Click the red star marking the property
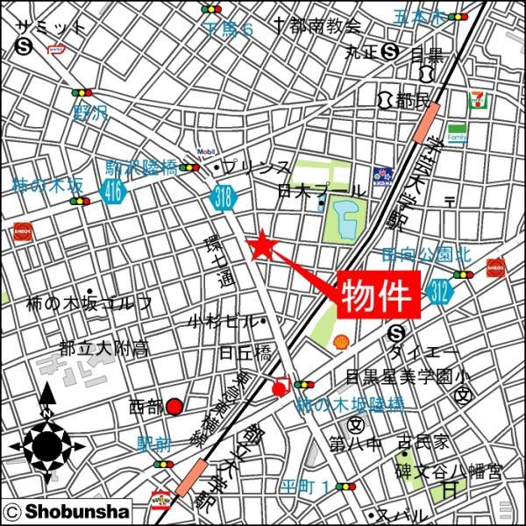pos(261,246)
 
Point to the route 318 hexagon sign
pos(224,200)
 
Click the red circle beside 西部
pos(174,406)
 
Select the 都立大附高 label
pos(103,349)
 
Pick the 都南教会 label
pos(314,26)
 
